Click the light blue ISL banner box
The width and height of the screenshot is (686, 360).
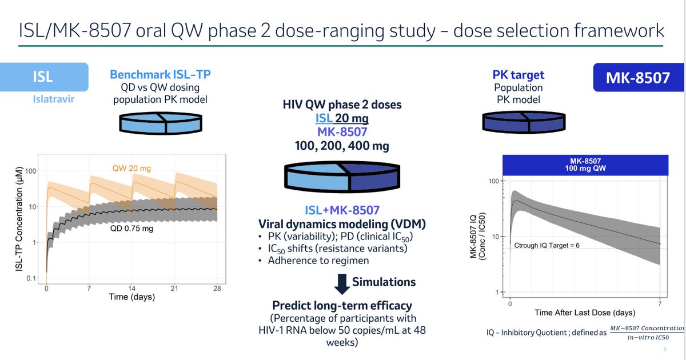point(44,78)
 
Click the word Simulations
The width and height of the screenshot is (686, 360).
point(384,282)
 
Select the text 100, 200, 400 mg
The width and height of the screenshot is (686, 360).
point(342,146)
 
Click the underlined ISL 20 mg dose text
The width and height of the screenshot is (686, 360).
point(342,118)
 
